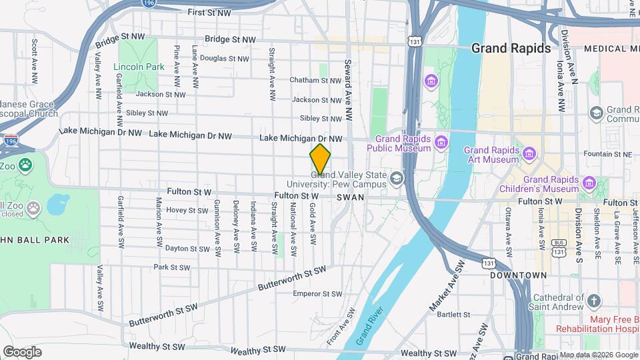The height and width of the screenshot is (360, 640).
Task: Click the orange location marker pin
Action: (x=321, y=159)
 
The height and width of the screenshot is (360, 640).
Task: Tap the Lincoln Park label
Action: (x=139, y=67)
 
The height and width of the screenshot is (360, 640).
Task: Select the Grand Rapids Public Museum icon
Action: (x=441, y=142)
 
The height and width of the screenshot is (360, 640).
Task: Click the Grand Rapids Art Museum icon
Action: (x=530, y=155)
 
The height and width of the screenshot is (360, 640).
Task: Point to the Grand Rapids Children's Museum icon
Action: (x=589, y=183)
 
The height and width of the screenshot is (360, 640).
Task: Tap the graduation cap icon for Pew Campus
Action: (x=397, y=177)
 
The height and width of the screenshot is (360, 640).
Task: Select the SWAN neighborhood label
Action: (x=351, y=197)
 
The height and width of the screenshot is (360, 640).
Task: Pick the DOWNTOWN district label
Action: (x=519, y=275)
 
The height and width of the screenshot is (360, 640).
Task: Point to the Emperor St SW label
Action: (x=317, y=294)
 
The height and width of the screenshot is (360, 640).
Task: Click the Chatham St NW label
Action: (x=315, y=81)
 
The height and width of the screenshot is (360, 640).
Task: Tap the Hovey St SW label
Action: (x=187, y=210)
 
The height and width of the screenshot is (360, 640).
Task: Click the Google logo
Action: (x=22, y=352)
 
